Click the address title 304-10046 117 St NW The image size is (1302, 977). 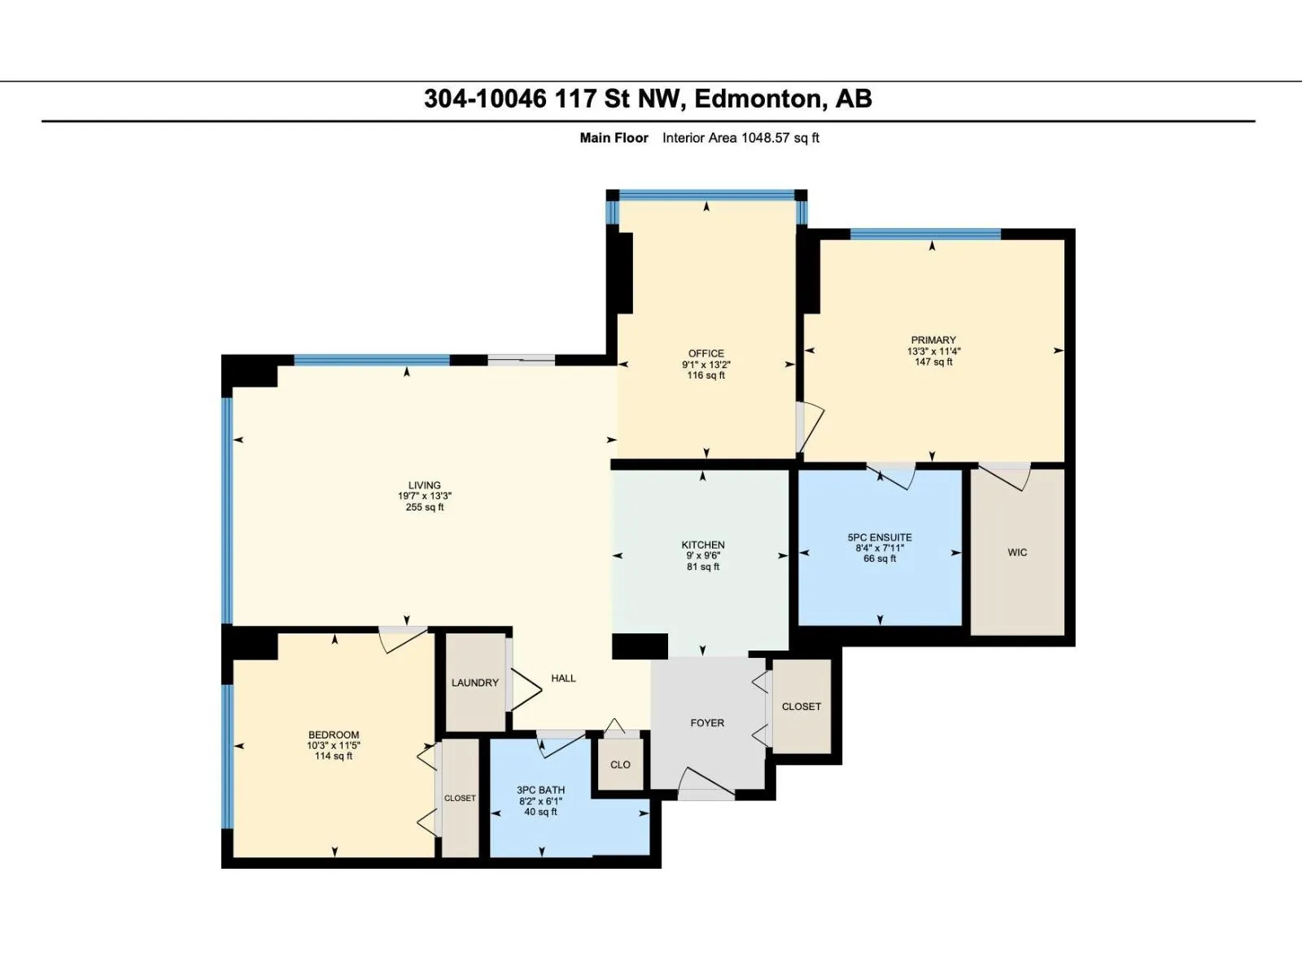click(555, 99)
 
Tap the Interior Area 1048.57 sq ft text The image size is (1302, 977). click(741, 138)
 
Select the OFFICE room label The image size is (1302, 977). click(706, 353)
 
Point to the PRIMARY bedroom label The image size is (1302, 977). click(933, 340)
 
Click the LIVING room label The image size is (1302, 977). click(425, 485)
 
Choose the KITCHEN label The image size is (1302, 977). click(703, 545)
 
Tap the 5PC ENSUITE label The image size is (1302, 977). click(880, 537)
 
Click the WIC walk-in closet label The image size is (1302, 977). click(1017, 552)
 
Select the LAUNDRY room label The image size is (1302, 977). click(475, 683)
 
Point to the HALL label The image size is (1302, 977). click(563, 678)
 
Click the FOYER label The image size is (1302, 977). click(707, 722)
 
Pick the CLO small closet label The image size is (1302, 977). click(620, 765)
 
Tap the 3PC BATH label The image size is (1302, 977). click(540, 790)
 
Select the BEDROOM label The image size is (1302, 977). click(334, 735)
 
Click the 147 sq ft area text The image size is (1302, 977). click(933, 361)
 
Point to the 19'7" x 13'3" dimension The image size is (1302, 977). click(425, 497)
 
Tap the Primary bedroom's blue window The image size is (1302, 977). click(925, 234)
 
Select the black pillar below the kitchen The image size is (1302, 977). click(640, 646)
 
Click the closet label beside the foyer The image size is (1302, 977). click(802, 707)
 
